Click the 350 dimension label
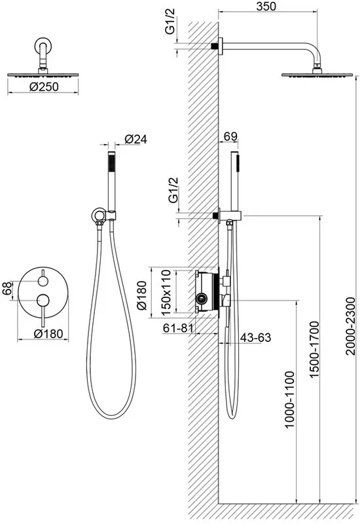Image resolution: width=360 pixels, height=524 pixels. tap(266, 6)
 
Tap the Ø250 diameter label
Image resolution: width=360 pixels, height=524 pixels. tap(44, 87)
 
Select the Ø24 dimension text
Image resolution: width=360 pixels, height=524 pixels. tap(136, 139)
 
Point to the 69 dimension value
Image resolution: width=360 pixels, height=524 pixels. tap(230, 136)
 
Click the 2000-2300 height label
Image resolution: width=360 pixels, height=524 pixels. tap(351, 326)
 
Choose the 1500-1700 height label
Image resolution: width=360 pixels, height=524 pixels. tap(314, 350)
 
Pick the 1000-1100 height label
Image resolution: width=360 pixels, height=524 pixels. tap(289, 399)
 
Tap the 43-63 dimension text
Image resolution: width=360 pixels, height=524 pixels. tap(255, 337)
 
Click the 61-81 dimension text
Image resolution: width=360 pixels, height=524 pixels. tap(178, 328)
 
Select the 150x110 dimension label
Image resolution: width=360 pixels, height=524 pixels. tap(166, 292)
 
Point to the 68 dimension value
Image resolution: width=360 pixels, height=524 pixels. tap(7, 288)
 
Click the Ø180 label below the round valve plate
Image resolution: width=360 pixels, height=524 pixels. tap(48, 333)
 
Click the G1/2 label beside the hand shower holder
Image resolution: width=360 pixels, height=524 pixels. tap(173, 190)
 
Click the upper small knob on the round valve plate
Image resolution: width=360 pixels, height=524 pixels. tap(43, 282)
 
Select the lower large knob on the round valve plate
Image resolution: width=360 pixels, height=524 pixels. tap(43, 301)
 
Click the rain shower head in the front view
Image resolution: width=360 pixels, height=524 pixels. tap(43, 75)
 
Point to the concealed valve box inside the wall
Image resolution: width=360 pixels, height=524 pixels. tap(207, 291)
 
